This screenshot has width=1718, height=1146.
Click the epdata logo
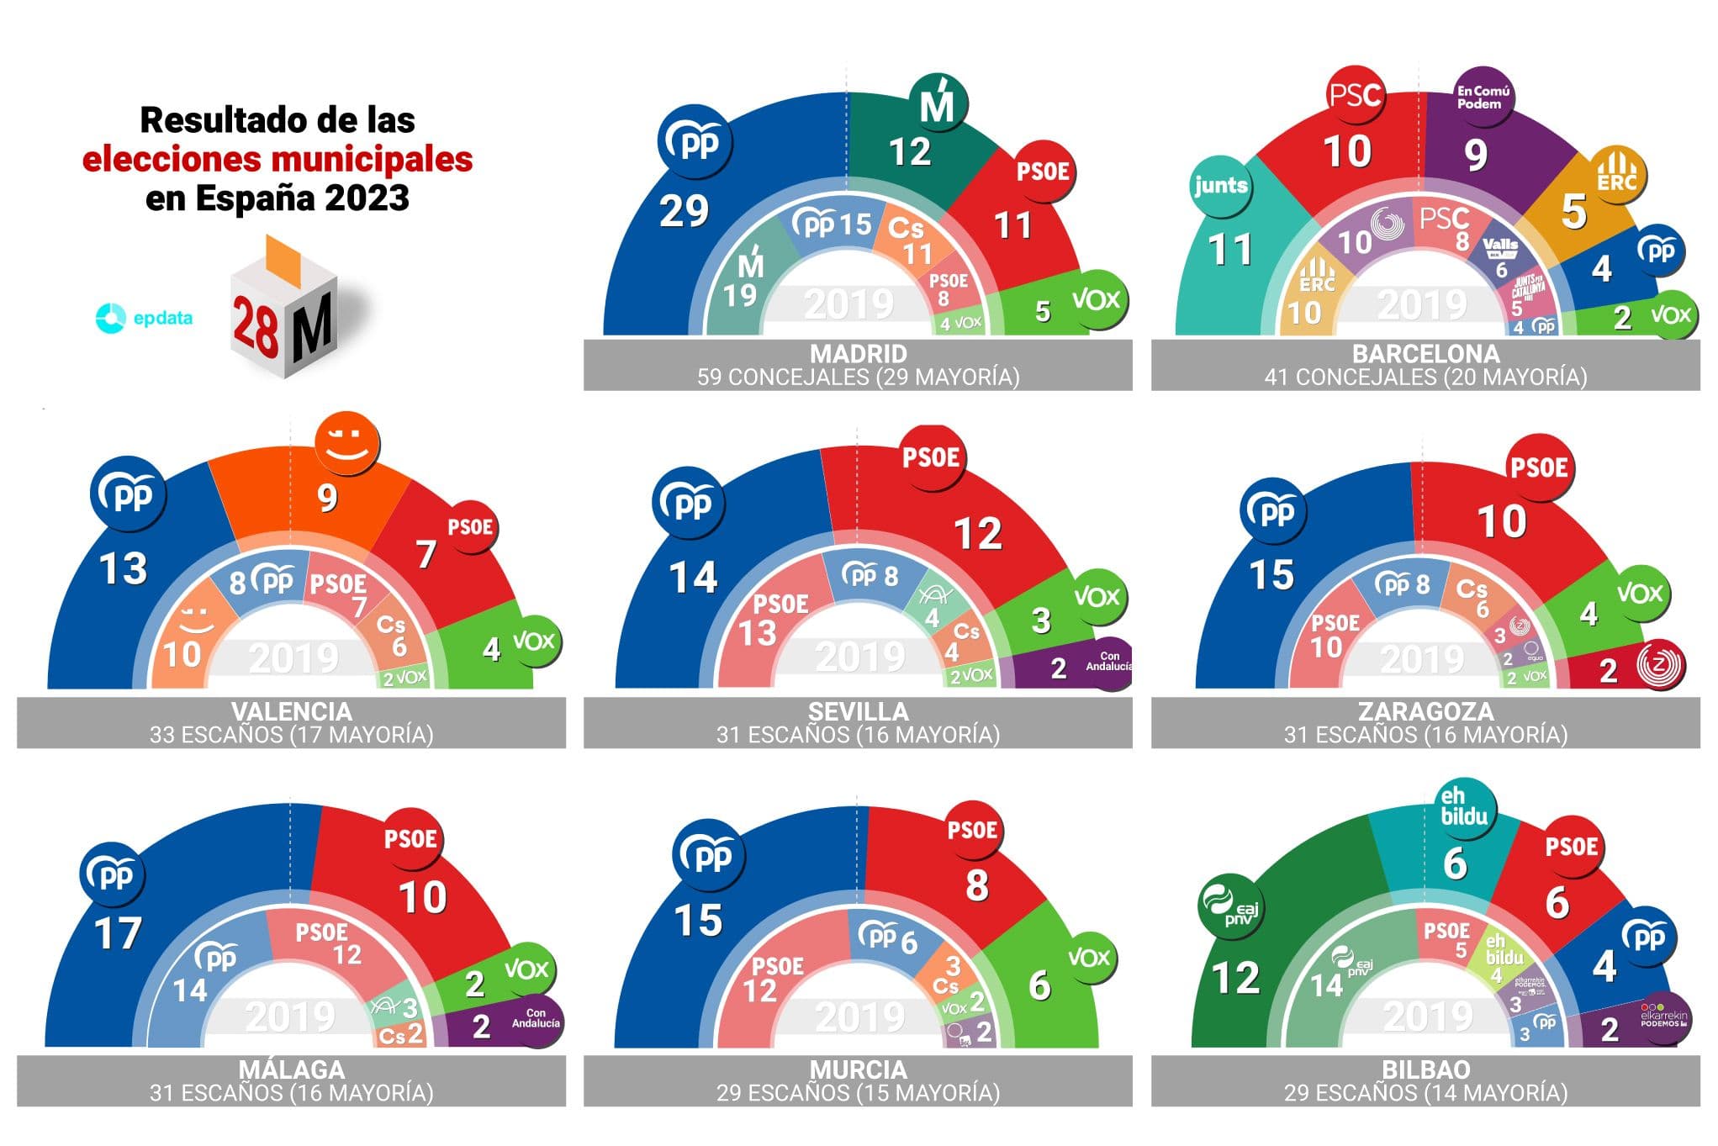pyautogui.click(x=144, y=318)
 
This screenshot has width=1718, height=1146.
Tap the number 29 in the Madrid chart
pyautogui.click(x=683, y=211)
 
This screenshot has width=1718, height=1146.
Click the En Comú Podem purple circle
pyautogui.click(x=1483, y=98)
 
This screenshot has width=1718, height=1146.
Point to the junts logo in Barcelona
pyautogui.click(x=1220, y=186)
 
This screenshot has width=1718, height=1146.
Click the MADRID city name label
pyautogui.click(x=858, y=353)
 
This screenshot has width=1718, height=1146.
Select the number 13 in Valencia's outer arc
pyautogui.click(x=123, y=569)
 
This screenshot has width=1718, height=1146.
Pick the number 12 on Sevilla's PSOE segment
pyautogui.click(x=977, y=534)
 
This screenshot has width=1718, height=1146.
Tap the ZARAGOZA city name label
pyautogui.click(x=1425, y=711)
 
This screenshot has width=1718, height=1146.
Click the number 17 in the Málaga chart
pyautogui.click(x=118, y=934)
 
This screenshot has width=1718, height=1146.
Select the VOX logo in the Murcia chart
pyautogui.click(x=1089, y=958)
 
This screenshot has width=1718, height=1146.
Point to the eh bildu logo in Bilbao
pyautogui.click(x=1463, y=807)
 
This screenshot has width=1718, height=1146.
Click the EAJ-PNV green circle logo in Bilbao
pyautogui.click(x=1229, y=909)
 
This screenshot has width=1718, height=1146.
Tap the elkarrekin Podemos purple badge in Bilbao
pyautogui.click(x=1662, y=1017)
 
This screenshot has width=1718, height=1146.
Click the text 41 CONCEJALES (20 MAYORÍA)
pyautogui.click(x=1425, y=378)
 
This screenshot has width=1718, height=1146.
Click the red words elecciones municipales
pyautogui.click(x=278, y=159)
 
